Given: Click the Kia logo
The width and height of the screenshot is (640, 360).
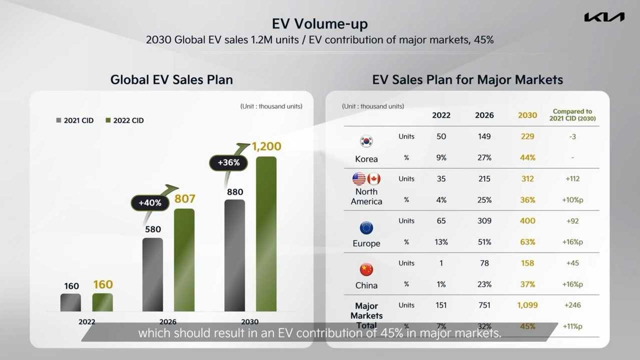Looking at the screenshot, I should (x=604, y=17).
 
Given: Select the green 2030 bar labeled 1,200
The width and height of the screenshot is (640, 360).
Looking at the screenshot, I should (x=266, y=233).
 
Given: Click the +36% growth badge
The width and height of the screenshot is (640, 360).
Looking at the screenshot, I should (x=229, y=163).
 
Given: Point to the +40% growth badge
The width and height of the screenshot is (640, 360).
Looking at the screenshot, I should (x=150, y=203).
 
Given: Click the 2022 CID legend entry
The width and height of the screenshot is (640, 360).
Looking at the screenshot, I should (x=125, y=120).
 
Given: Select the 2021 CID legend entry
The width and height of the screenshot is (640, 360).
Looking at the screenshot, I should (x=75, y=120).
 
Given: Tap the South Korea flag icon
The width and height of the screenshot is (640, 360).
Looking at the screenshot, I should (x=366, y=141).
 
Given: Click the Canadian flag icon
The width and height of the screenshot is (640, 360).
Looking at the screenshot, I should (x=374, y=179).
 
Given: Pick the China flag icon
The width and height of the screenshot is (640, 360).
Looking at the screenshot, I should (x=366, y=269).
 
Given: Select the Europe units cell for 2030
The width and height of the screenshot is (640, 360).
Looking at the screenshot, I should (x=527, y=221).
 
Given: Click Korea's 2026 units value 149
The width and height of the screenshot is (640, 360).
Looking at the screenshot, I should (x=484, y=136).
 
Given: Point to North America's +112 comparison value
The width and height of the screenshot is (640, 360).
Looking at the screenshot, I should (x=572, y=179).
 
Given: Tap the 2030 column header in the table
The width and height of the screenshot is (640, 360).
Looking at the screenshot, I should (x=527, y=115).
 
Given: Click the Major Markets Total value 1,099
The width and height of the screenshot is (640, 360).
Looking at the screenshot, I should (x=527, y=305).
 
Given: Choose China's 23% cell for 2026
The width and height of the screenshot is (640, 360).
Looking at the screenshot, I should (x=484, y=284).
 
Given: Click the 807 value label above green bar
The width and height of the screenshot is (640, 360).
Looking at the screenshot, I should (x=185, y=199).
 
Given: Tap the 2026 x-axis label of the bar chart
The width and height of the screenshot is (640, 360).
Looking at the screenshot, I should (x=168, y=322).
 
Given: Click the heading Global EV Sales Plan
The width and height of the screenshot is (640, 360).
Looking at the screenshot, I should (x=171, y=80).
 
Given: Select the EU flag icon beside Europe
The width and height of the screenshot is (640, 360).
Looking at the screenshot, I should (x=366, y=228).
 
